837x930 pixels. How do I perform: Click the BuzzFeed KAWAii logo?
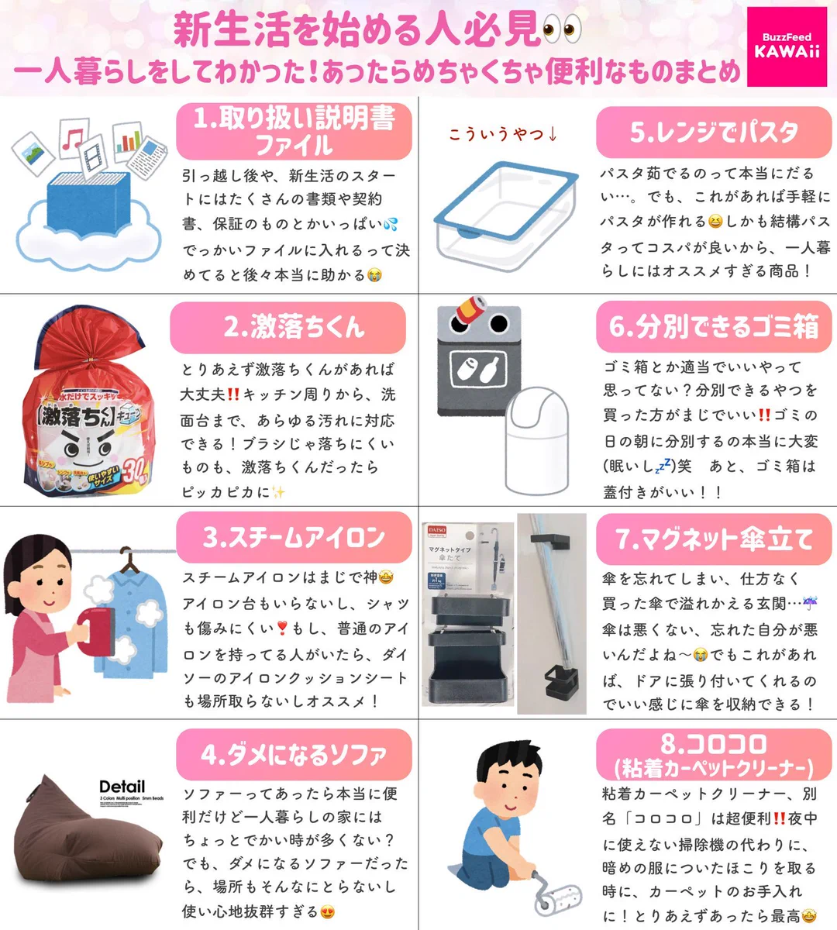[787, 46]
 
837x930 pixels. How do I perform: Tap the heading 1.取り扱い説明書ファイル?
[294, 131]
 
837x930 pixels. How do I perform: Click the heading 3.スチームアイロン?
[294, 537]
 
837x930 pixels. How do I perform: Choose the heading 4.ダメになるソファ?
[294, 754]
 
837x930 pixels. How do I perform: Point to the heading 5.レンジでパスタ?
[713, 132]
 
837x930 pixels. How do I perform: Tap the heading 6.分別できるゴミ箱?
[713, 327]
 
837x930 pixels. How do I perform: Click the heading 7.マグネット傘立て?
[713, 539]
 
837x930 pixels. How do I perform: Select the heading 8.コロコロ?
[713, 755]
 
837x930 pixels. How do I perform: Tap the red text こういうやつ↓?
[503, 134]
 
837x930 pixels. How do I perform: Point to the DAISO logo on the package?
[436, 531]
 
